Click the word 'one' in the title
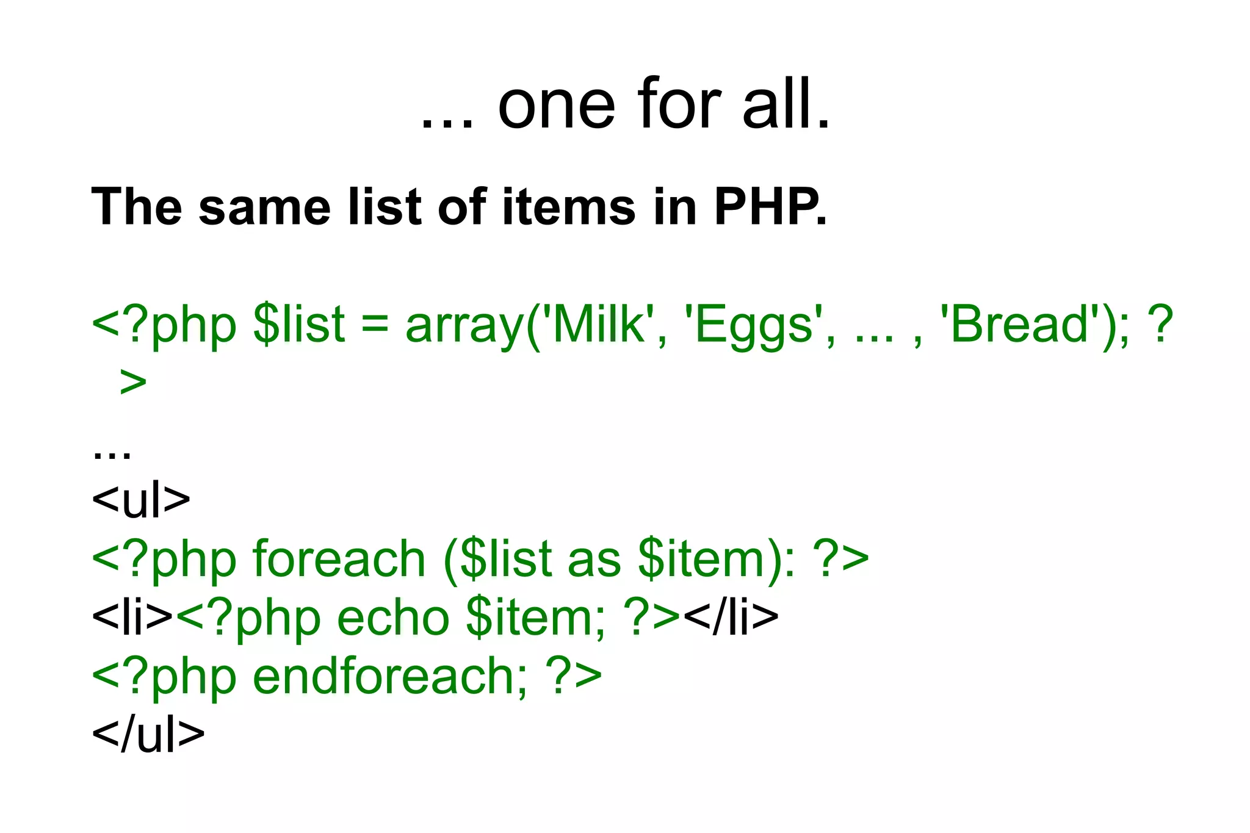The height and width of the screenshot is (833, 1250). click(556, 106)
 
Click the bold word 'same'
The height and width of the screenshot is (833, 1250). click(264, 207)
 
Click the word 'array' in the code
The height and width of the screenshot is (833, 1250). click(464, 326)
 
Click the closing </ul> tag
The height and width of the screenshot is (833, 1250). click(148, 734)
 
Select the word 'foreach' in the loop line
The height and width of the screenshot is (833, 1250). click(339, 558)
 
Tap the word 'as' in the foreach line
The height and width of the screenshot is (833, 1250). click(594, 559)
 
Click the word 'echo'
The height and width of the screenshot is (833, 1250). click(393, 618)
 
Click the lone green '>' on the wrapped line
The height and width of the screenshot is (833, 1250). click(133, 382)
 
